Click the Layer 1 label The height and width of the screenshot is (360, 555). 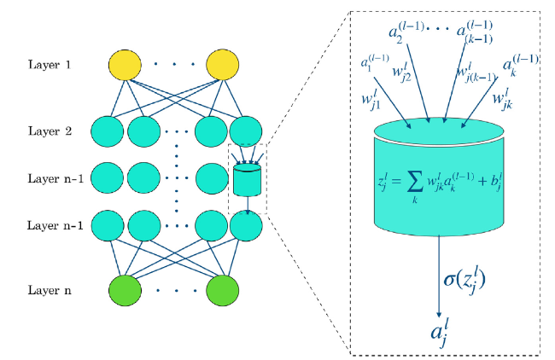coord(50,65)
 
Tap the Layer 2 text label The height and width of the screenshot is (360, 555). coord(50,131)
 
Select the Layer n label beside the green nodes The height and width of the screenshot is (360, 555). coord(50,290)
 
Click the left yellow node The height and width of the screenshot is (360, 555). coord(125,65)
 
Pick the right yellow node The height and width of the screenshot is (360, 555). coord(223,65)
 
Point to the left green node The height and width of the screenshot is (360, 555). coord(125,291)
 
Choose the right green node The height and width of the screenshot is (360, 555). coord(223,291)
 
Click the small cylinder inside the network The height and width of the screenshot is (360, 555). coord(247,180)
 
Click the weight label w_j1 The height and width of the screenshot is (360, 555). coord(371,100)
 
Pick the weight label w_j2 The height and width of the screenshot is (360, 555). coord(402,73)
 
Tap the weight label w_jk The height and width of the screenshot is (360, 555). coord(503,99)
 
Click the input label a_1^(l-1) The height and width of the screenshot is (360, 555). coord(375,62)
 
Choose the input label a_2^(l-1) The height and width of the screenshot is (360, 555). coord(406,32)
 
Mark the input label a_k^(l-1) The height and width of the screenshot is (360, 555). coord(521,66)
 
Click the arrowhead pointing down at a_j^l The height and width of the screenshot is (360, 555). coord(439,315)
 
